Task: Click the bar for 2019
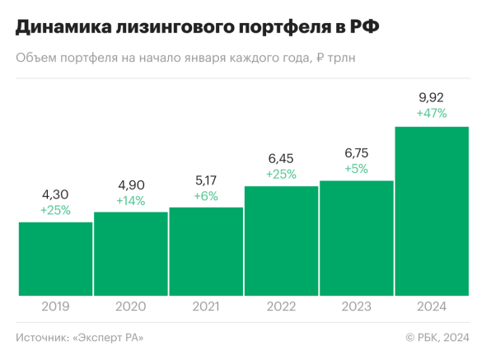pyautogui.click(x=55, y=259)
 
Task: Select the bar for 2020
pyautogui.click(x=131, y=254)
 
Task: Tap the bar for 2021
pyautogui.click(x=206, y=251)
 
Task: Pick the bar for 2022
pyautogui.click(x=281, y=241)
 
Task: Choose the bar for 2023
pyautogui.click(x=356, y=238)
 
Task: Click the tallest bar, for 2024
pyautogui.click(x=432, y=211)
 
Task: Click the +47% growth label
pyautogui.click(x=432, y=114)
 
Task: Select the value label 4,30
pyautogui.click(x=55, y=195)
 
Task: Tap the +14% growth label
pyautogui.click(x=131, y=200)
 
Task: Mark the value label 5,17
pyautogui.click(x=206, y=180)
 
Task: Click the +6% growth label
pyautogui.click(x=206, y=195)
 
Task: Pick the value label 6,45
pyautogui.click(x=281, y=159)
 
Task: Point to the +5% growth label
pyautogui.click(x=356, y=169)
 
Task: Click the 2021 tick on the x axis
pyautogui.click(x=206, y=306)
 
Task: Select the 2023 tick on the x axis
pyautogui.click(x=356, y=306)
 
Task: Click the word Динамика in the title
pyautogui.click(x=61, y=28)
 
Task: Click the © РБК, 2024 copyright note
pyautogui.click(x=437, y=337)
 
